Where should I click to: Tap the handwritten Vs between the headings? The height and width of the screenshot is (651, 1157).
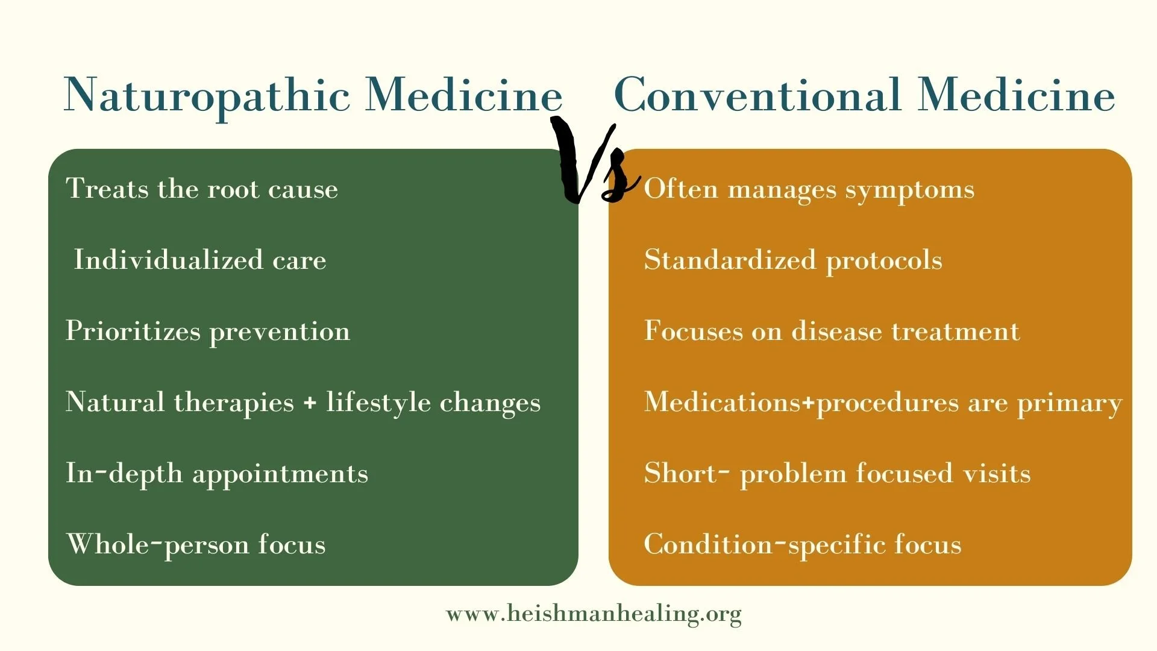[594, 163]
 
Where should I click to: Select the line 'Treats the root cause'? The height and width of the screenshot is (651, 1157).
[202, 189]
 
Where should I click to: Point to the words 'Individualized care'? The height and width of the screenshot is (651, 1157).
[199, 260]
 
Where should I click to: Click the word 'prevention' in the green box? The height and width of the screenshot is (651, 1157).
[280, 332]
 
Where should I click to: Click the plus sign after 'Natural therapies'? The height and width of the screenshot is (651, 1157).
[310, 403]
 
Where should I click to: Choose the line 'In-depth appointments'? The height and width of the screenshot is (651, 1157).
[217, 474]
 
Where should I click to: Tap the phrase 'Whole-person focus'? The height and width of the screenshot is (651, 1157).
[196, 545]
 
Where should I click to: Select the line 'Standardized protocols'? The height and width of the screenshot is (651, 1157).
[793, 260]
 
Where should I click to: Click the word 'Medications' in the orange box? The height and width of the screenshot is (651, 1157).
[722, 403]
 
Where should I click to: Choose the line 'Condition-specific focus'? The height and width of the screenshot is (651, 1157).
[803, 545]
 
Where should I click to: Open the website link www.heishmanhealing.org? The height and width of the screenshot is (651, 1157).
[594, 614]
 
